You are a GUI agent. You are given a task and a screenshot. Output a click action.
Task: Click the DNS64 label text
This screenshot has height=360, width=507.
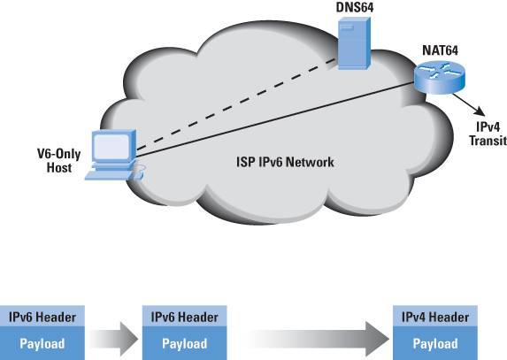point(355,7)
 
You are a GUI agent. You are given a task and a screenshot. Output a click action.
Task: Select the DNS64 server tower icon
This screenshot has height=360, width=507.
point(354,43)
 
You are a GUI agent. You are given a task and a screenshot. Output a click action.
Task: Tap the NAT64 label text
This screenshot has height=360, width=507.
point(440,50)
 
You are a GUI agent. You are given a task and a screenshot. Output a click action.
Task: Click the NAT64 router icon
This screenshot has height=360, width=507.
point(440,78)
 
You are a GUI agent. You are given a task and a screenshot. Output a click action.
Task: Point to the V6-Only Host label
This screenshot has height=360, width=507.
point(59,161)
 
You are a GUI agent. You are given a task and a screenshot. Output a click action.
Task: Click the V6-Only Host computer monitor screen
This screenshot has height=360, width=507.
point(111,147)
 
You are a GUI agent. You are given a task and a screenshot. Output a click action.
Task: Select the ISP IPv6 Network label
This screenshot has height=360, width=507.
point(285,162)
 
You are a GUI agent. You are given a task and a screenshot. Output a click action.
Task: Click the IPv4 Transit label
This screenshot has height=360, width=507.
point(488,134)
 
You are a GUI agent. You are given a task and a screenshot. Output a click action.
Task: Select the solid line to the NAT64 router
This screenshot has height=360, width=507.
point(275,120)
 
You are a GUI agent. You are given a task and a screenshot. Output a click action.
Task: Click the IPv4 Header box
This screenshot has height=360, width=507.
point(435,316)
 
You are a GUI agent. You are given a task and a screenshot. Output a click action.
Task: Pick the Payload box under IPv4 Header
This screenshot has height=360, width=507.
point(435,343)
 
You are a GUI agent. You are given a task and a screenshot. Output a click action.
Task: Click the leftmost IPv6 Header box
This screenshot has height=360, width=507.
point(42,316)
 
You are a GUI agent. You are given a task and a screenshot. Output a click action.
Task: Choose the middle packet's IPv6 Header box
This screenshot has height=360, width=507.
point(185,316)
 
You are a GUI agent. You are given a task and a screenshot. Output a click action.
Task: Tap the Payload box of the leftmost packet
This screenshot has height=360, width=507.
point(42,343)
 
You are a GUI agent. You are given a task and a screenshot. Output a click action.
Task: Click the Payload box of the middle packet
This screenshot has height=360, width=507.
point(185,343)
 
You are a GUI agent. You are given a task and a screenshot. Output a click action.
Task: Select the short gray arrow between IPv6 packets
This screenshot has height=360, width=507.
point(113,339)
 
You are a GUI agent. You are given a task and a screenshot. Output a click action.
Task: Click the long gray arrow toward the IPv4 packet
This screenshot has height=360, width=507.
point(319,339)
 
